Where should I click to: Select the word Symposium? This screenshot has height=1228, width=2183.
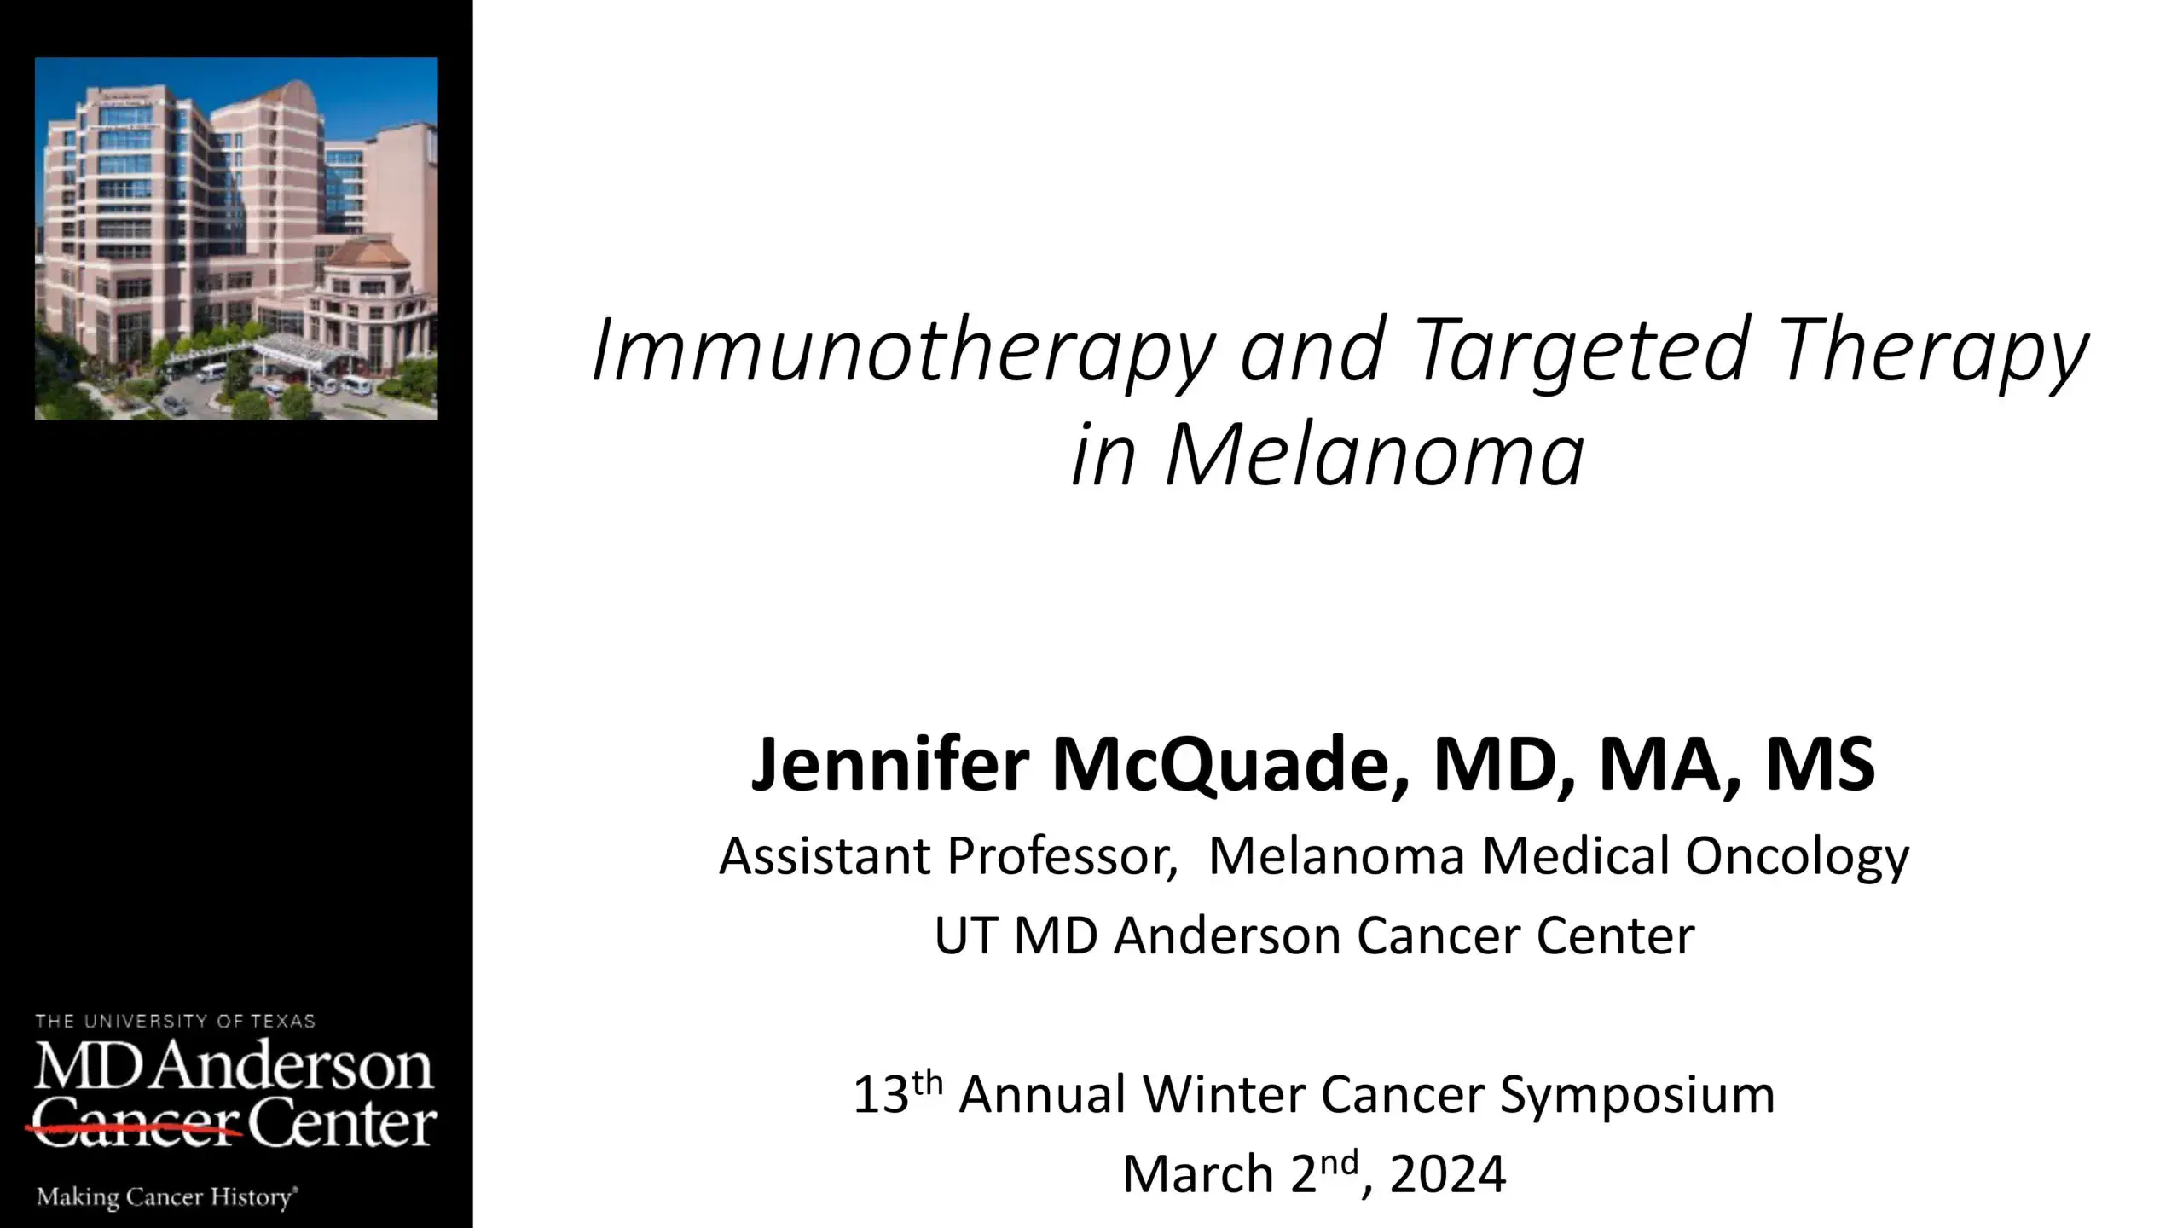point(1637,1094)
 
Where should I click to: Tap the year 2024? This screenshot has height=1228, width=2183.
point(1447,1174)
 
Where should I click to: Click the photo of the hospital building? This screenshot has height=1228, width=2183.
point(236,239)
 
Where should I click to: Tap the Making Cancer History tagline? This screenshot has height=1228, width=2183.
point(166,1197)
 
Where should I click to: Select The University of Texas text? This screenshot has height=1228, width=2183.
point(175,1021)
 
